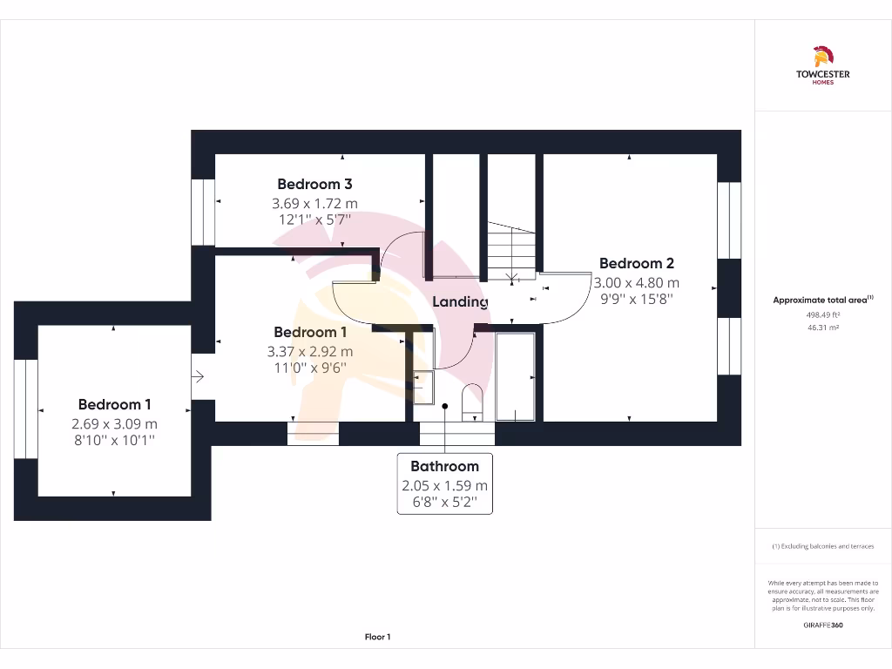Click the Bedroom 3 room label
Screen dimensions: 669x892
[x=314, y=184]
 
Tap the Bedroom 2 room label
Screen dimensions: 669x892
[x=636, y=263]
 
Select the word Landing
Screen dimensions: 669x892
[x=460, y=301]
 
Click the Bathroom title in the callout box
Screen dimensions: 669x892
[x=444, y=466]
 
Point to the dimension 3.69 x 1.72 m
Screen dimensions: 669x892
[x=314, y=203]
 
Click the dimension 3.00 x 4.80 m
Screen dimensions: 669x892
[x=636, y=282]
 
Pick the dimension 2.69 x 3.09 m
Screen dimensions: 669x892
[x=114, y=423]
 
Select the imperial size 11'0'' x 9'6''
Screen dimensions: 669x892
[x=310, y=368]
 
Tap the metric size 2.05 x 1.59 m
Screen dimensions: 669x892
[x=444, y=486]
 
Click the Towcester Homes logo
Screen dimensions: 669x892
[x=822, y=66]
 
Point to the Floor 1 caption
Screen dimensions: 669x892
[x=377, y=637]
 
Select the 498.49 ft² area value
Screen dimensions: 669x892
[x=822, y=315]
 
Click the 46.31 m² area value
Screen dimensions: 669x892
[x=822, y=328]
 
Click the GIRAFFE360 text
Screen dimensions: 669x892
[x=822, y=625]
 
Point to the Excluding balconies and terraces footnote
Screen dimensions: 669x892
[x=822, y=546]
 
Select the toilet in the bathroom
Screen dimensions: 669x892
[x=472, y=400]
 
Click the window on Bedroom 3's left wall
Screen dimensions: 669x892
[x=203, y=212]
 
